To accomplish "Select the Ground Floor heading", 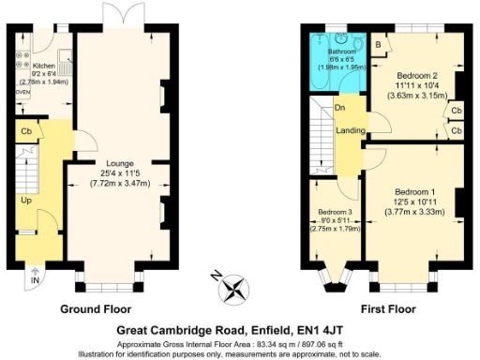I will [96, 308].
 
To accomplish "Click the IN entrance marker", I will [35, 280].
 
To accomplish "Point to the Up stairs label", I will [26, 200].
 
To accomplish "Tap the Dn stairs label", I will [338, 108].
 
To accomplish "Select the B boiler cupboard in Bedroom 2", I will [377, 44].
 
